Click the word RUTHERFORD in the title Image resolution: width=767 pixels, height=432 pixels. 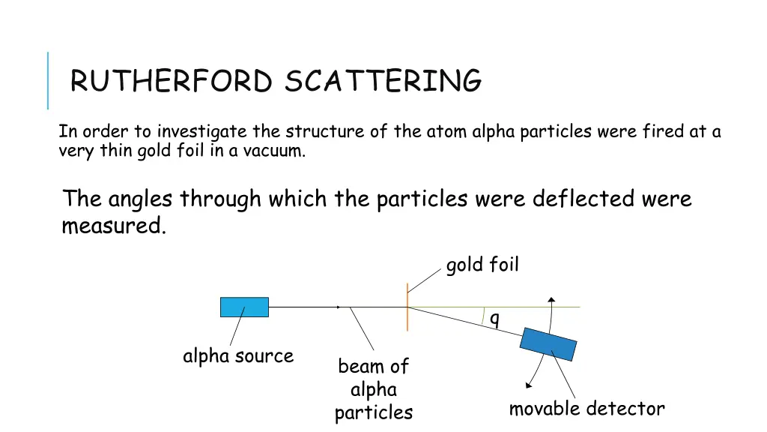coord(171,81)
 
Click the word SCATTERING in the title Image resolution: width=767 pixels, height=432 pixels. coord(383,81)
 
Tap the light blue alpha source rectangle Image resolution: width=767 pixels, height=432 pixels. coord(244,307)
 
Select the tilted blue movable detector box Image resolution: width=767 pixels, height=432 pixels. coord(549,344)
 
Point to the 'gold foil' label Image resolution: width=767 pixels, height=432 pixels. coord(482,265)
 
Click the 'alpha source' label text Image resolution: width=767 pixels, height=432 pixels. coord(238,355)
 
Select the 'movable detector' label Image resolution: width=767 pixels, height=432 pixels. coord(586,409)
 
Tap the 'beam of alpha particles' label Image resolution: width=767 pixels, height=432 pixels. coord(373,389)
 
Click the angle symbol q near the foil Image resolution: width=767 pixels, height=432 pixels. coord(494,319)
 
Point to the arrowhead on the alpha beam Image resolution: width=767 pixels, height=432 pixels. coord(339,307)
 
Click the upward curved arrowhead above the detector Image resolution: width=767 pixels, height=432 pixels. coord(552,301)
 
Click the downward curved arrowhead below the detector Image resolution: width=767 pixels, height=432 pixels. coord(529,385)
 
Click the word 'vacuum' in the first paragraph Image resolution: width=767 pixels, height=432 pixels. coord(279,151)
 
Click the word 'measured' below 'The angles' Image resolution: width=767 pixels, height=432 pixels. coord(112,226)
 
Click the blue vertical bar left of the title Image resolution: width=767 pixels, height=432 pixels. coord(48,80)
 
